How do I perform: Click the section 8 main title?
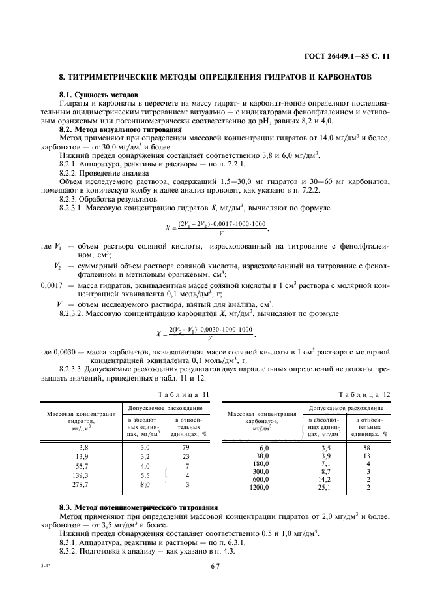pos(215,77)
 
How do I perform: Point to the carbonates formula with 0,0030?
pos(213,333)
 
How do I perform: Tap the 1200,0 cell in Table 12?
pos(260,487)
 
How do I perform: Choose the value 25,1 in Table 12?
pos(324,487)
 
